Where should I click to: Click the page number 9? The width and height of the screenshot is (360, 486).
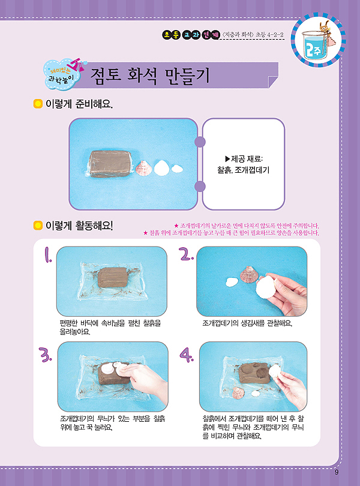pyautogui.click(x=337, y=472)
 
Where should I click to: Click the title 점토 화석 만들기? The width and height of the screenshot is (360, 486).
pyautogui.click(x=150, y=76)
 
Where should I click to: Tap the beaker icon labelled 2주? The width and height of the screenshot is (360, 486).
pyautogui.click(x=317, y=38)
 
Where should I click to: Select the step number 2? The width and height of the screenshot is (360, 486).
pyautogui.click(x=187, y=254)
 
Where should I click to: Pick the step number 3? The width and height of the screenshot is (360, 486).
pyautogui.click(x=45, y=355)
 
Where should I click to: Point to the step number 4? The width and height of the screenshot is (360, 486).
pyautogui.click(x=187, y=355)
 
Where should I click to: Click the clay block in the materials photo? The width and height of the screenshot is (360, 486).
pyautogui.click(x=110, y=164)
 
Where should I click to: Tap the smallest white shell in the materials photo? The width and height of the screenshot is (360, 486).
pyautogui.click(x=177, y=169)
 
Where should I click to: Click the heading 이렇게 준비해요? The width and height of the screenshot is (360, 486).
pyautogui.click(x=79, y=104)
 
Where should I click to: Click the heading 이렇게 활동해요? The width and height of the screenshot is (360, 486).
pyautogui.click(x=79, y=226)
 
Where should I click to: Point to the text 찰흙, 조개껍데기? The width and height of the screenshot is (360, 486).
pyautogui.click(x=243, y=170)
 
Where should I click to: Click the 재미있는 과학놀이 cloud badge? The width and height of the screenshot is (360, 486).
pyautogui.click(x=64, y=74)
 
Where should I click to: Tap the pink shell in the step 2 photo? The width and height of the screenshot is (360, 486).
pyautogui.click(x=248, y=274)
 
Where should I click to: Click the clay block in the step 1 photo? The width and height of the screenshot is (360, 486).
pyautogui.click(x=113, y=277)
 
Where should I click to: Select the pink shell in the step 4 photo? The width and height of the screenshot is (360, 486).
pyautogui.click(x=238, y=393)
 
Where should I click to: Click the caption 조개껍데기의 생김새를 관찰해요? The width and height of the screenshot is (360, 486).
pyautogui.click(x=247, y=323)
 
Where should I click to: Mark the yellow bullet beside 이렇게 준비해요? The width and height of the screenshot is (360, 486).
pyautogui.click(x=38, y=104)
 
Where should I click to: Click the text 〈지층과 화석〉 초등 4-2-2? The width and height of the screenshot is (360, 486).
pyautogui.click(x=253, y=35)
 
